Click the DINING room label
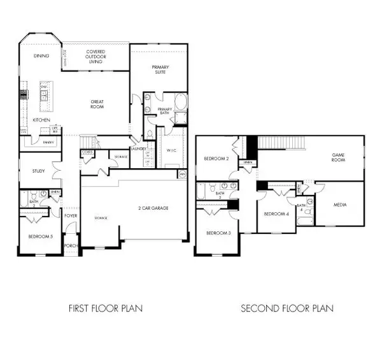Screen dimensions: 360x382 (41, 56)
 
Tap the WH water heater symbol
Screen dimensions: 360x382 (182, 173)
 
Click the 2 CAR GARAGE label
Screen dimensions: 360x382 (156, 208)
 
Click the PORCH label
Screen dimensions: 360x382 (71, 245)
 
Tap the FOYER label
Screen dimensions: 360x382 (71, 215)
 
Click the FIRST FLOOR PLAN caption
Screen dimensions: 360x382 (106, 308)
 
